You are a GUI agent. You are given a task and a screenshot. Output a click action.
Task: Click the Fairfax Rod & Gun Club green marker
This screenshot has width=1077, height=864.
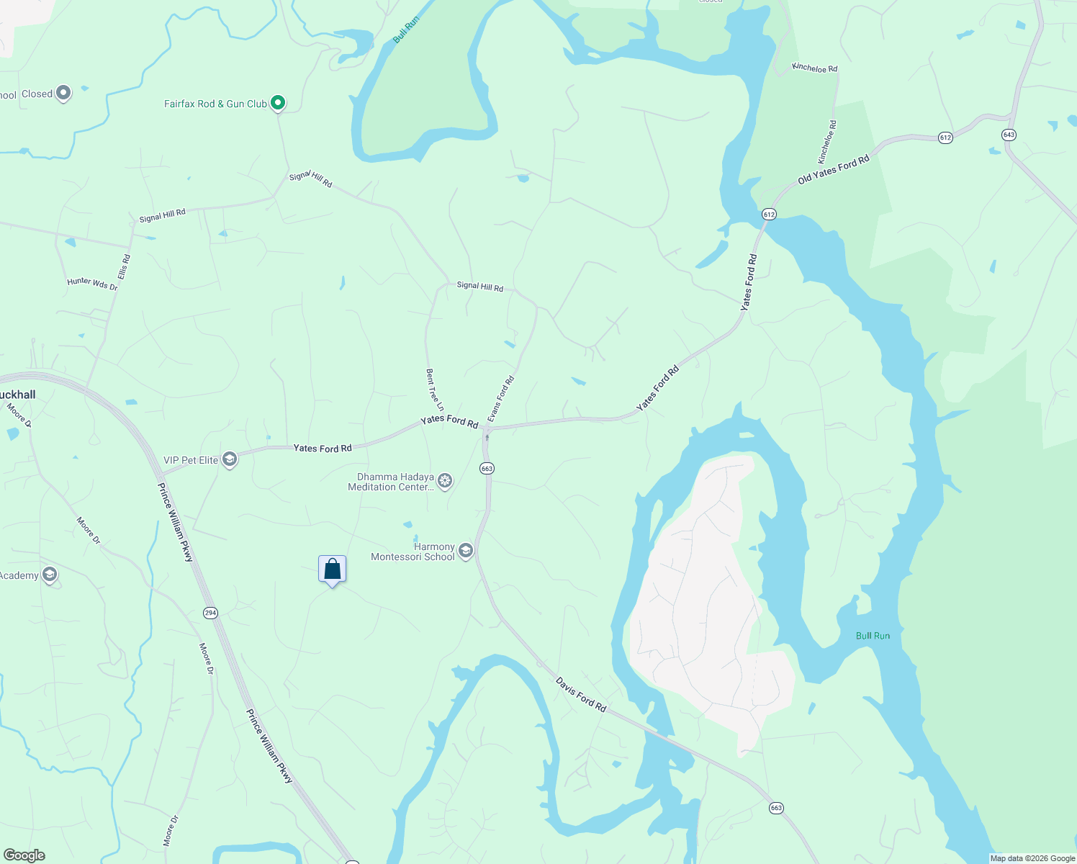click(277, 103)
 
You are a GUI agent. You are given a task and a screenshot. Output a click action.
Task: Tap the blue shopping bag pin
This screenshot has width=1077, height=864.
click(332, 570)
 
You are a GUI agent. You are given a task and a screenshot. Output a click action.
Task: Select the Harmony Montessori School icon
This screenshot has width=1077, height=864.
click(465, 552)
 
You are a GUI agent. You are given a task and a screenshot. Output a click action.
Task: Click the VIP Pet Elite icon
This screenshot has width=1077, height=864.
click(230, 459)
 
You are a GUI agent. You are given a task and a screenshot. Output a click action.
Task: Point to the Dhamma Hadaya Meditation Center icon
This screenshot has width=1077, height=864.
click(445, 481)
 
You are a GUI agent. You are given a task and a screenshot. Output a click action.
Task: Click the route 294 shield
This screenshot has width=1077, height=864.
click(209, 613)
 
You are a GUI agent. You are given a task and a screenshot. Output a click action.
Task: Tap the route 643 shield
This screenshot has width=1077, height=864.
click(1008, 135)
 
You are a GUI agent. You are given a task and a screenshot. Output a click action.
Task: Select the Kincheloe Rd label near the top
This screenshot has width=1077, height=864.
click(814, 68)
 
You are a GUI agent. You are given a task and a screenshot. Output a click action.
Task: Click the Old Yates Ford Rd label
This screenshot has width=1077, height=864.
click(833, 170)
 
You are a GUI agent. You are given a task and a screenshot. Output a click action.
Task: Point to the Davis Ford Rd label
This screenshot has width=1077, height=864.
click(581, 695)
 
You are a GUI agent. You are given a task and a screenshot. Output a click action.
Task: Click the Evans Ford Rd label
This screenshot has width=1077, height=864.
click(501, 399)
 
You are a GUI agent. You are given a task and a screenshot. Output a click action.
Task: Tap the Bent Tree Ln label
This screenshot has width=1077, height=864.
click(434, 390)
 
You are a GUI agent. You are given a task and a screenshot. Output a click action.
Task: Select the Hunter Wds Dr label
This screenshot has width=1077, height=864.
click(92, 284)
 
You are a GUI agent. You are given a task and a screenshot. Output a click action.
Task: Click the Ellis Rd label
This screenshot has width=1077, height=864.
click(124, 266)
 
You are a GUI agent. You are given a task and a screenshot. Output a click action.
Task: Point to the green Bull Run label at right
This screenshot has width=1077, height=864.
click(873, 636)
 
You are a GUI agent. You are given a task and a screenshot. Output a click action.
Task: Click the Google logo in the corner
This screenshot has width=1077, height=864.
click(24, 855)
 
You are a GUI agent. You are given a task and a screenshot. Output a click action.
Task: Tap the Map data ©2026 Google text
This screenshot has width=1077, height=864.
click(1032, 858)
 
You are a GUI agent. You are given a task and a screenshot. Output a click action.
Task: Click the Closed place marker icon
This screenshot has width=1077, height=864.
click(63, 93)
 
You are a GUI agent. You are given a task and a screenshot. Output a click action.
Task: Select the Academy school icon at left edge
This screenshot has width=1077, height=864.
click(49, 575)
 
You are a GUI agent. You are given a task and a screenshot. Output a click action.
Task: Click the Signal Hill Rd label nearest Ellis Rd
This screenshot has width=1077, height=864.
click(162, 215)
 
